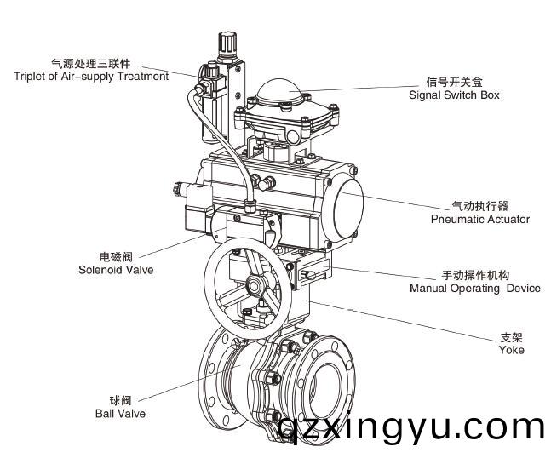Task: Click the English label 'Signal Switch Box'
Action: pyautogui.click(x=453, y=95)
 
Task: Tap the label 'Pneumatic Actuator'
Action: pyautogui.click(x=479, y=219)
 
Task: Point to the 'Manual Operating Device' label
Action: pyautogui.click(x=474, y=289)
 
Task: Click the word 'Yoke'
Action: pyautogui.click(x=511, y=350)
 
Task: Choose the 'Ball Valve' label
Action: pyautogui.click(x=120, y=414)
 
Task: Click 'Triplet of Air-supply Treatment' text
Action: pyautogui.click(x=91, y=77)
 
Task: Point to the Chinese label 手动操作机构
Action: pyautogui.click(x=474, y=276)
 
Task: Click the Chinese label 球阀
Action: pyautogui.click(x=120, y=400)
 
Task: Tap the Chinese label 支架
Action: pyautogui.click(x=511, y=337)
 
